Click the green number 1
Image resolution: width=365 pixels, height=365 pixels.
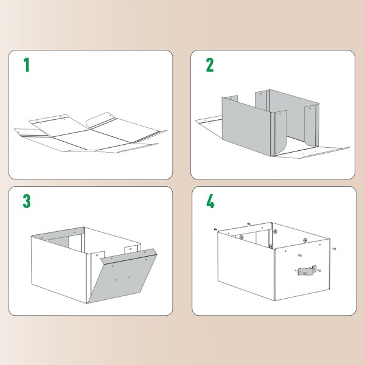click(x=26, y=65)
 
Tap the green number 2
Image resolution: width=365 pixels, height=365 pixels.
click(x=209, y=65)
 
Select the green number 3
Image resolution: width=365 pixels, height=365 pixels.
click(x=27, y=201)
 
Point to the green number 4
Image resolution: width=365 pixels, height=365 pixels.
click(x=210, y=201)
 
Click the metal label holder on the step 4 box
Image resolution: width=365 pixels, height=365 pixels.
click(x=307, y=270)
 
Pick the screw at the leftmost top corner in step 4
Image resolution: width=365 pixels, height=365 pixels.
click(x=215, y=229)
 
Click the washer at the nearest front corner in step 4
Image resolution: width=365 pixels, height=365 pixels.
click(x=271, y=247)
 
